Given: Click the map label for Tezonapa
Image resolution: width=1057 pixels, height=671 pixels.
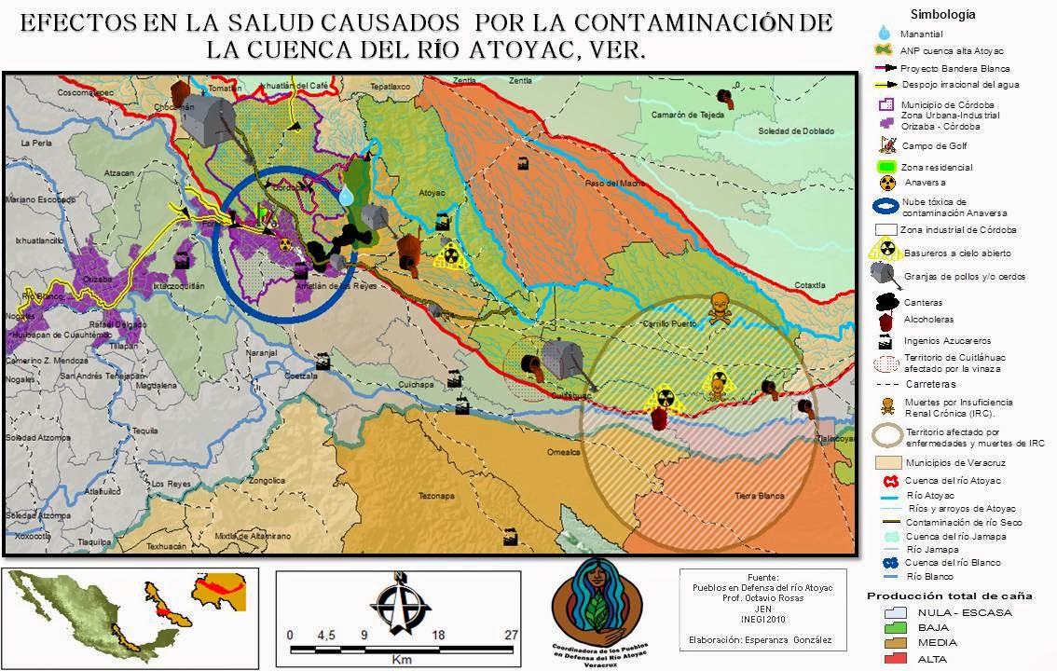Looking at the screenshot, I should click(435, 495).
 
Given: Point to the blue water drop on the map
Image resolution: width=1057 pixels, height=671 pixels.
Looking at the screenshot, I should click(347, 195).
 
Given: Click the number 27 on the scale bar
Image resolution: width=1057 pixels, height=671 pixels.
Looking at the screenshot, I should click(510, 636).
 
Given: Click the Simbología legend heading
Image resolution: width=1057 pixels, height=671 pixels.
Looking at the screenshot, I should click(943, 14).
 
